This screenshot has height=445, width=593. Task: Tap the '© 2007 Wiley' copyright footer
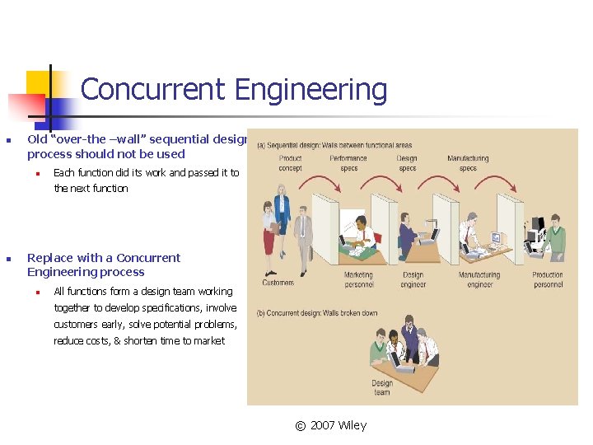(x=331, y=425)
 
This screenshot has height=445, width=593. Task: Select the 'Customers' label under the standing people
(x=278, y=283)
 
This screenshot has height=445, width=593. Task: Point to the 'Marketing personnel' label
(x=358, y=279)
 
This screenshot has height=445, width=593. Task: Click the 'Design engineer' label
(x=413, y=279)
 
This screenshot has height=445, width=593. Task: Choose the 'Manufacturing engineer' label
(x=479, y=279)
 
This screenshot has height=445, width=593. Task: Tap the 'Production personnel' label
(x=547, y=279)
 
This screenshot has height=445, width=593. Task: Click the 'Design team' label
(x=382, y=387)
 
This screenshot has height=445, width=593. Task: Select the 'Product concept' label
(x=290, y=163)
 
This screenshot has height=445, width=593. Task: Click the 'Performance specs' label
(x=348, y=163)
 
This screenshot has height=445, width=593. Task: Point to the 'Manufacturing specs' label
(x=468, y=163)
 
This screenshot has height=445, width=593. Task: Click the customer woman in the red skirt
(x=270, y=235)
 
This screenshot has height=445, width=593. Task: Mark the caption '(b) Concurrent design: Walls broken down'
(x=317, y=313)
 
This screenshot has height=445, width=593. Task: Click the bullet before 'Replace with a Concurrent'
(x=7, y=258)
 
